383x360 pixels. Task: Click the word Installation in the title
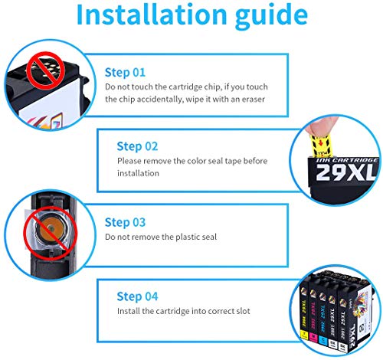(152, 14)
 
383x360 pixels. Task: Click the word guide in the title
(271, 17)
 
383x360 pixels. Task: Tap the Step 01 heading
(125, 73)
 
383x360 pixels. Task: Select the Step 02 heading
(137, 146)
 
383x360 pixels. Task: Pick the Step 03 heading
(125, 222)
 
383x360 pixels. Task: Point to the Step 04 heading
(137, 296)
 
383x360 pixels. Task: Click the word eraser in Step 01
(254, 100)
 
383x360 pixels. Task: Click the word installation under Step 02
(138, 173)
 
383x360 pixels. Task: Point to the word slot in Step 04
(243, 311)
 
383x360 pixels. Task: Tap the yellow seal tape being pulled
(321, 146)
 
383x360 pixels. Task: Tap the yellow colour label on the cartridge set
(304, 334)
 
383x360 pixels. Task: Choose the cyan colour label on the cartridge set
(322, 339)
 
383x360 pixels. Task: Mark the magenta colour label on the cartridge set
(313, 337)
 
